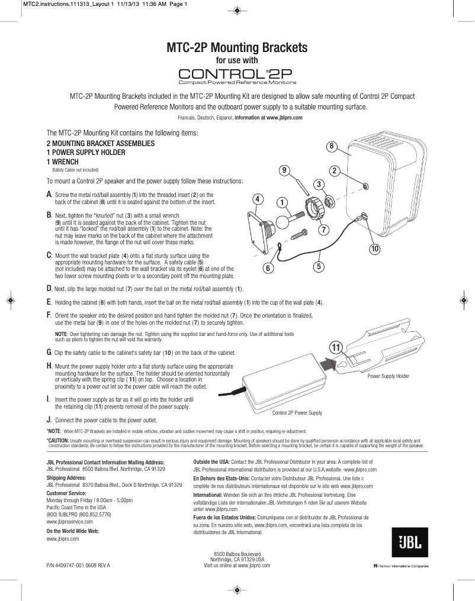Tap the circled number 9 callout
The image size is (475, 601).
point(285,170)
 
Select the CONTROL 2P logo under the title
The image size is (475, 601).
point(237,75)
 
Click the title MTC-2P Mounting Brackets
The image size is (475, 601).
point(237,47)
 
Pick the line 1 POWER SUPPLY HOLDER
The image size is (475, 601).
point(86,153)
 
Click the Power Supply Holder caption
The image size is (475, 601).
point(388,376)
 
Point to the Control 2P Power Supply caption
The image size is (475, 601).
point(297,412)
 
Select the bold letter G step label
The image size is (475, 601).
point(49,353)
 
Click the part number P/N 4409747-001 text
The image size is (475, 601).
point(78,566)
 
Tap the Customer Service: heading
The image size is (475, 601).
point(66,492)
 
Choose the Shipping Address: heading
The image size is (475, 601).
point(66,477)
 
